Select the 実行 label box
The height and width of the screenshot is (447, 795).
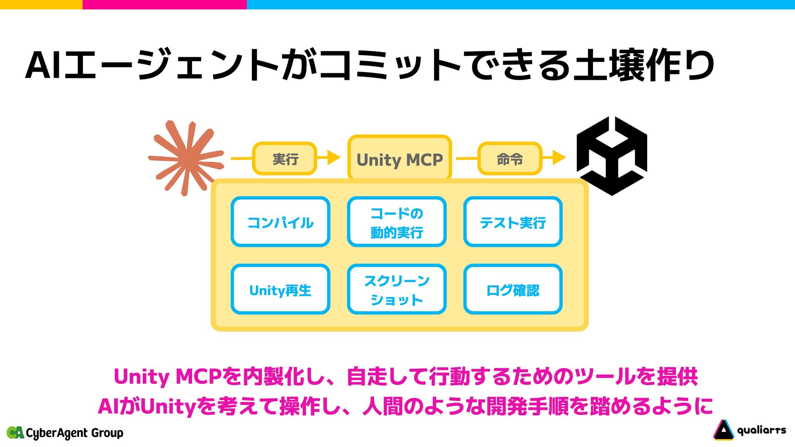click(x=285, y=159)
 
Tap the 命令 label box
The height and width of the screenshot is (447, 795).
click(x=510, y=159)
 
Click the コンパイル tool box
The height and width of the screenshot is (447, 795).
click(x=280, y=222)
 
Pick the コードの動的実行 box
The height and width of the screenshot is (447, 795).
click(x=397, y=222)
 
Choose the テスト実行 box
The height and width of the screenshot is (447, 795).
click(x=513, y=222)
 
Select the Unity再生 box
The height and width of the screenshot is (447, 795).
click(x=280, y=290)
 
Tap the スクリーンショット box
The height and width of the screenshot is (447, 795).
click(x=397, y=290)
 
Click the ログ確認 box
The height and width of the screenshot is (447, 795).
click(x=513, y=290)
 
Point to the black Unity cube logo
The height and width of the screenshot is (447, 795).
click(x=612, y=156)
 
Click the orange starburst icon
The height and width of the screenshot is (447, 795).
click(x=186, y=158)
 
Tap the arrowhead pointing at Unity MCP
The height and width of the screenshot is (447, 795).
click(x=333, y=158)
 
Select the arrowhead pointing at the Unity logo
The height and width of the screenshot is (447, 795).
click(x=559, y=158)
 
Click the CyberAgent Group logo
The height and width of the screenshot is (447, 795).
click(x=65, y=433)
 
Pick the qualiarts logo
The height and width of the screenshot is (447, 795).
click(x=749, y=430)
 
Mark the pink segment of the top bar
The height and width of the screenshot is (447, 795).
click(x=164, y=5)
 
